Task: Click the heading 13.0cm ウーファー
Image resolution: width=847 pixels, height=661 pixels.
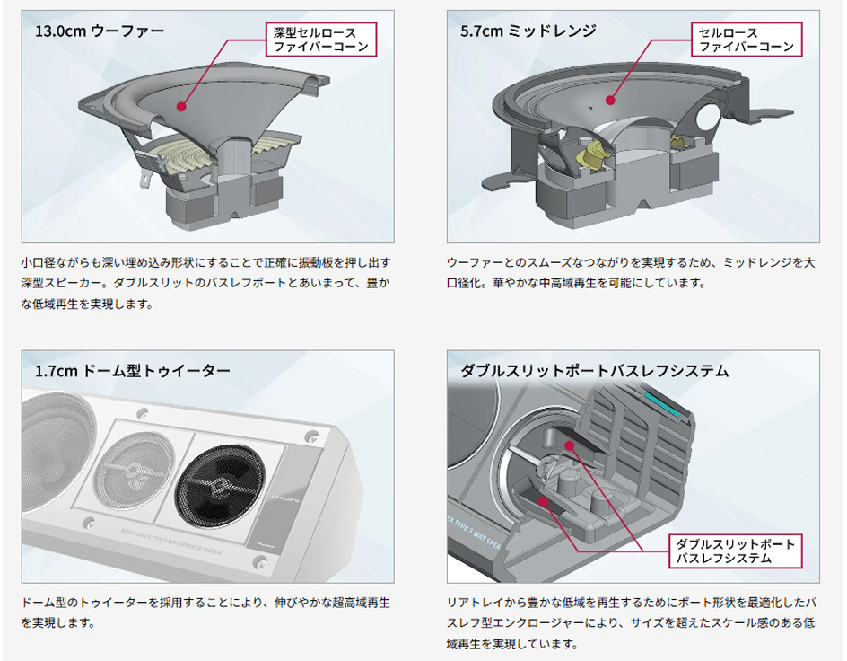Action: coord(100,31)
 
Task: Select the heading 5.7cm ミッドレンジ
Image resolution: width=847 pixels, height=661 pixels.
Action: coord(528,31)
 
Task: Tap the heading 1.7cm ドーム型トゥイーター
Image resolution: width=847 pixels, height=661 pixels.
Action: coord(133,371)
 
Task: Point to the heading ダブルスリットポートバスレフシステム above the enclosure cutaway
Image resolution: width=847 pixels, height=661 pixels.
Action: coord(595,371)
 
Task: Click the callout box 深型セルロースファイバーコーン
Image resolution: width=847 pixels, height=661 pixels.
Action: coord(321,40)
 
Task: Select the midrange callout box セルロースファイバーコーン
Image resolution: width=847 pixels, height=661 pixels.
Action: coord(747,40)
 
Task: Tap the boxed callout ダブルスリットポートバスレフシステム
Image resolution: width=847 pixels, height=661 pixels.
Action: coord(735,551)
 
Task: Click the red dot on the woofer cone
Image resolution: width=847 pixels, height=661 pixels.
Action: coord(181,107)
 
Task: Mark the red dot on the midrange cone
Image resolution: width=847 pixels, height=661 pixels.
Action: coord(610,100)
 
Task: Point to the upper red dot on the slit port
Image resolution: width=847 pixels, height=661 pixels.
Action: coord(569,445)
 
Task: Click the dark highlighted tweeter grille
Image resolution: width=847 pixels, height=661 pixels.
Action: coord(221,488)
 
